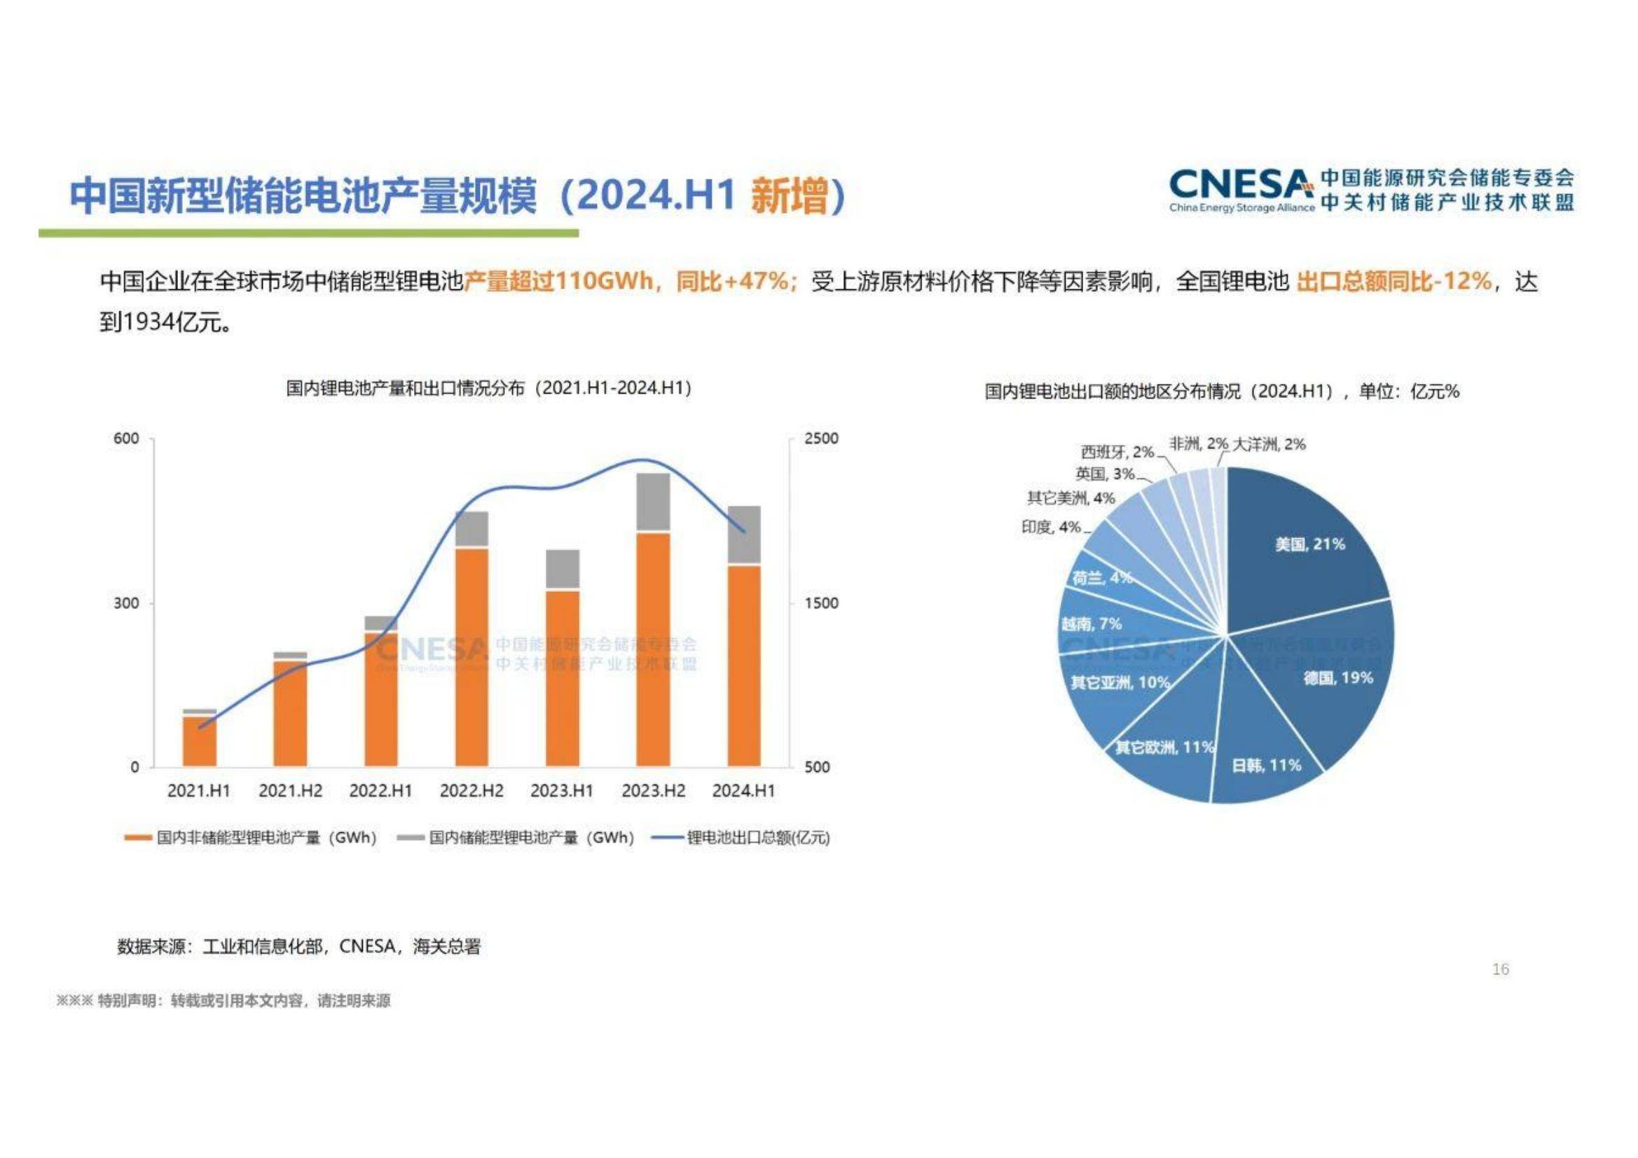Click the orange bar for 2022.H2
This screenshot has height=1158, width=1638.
point(472,656)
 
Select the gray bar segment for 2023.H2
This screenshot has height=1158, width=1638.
point(653,502)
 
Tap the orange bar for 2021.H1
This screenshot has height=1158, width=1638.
point(199,740)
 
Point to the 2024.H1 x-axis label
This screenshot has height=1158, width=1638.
point(743,790)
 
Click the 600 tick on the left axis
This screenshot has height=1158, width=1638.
point(126,438)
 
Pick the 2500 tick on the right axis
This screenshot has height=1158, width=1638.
point(821,438)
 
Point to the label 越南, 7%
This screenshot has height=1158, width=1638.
point(1091,624)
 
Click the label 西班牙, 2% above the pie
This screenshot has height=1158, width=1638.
point(1117,452)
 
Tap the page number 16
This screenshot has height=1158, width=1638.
point(1500,969)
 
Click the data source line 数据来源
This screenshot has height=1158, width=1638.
point(299,947)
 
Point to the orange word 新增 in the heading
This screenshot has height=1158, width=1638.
point(789,195)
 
